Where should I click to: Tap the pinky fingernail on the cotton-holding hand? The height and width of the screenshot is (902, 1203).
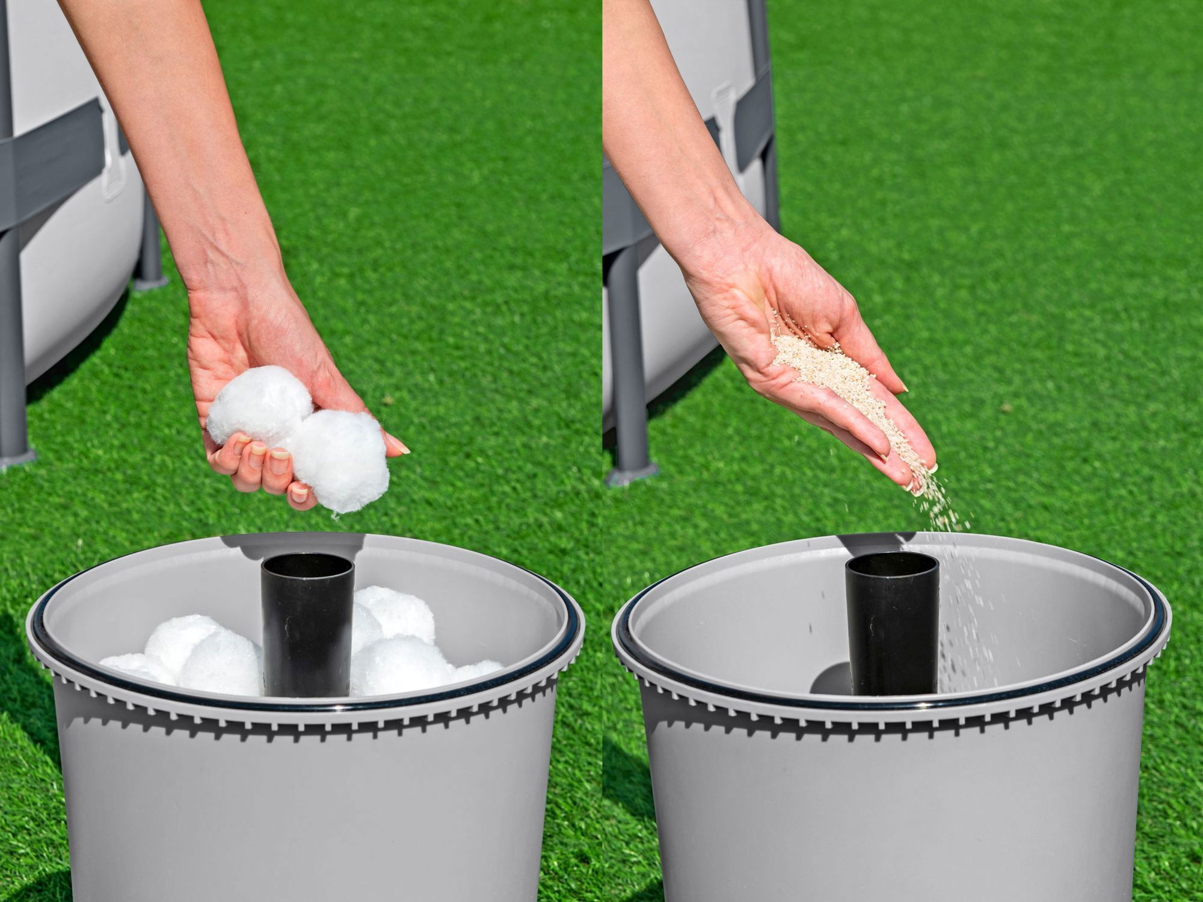[298, 503]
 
